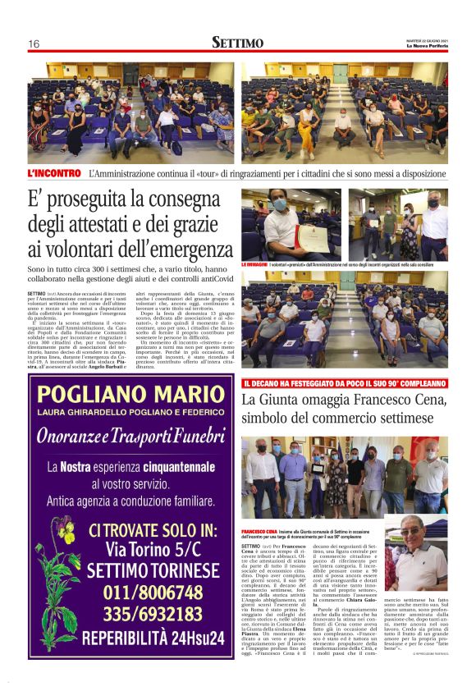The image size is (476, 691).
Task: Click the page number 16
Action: pyautogui.click(x=34, y=43)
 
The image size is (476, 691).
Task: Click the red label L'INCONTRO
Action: pyautogui.click(x=54, y=173)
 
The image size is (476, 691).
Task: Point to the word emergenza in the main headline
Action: pyautogui.click(x=198, y=248)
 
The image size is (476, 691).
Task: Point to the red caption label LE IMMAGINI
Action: pyautogui.click(x=254, y=265)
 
